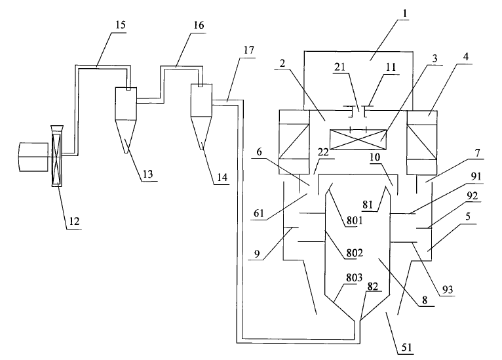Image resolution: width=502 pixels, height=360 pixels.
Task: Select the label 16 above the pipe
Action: tap(199, 25)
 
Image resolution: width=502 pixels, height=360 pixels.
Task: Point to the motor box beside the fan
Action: tap(32, 157)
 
